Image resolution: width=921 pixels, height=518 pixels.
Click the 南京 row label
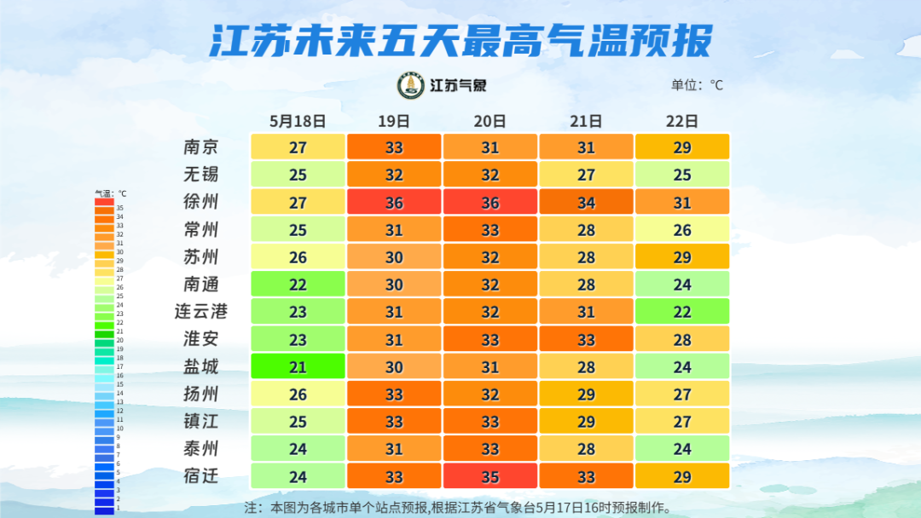(201, 147)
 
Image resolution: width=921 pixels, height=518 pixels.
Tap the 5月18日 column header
(298, 121)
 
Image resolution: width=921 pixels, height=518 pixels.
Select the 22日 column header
(682, 121)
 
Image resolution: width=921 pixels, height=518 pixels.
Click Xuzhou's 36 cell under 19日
(394, 202)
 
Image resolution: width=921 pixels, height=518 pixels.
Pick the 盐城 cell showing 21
(298, 366)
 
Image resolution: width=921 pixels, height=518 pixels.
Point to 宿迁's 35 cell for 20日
(490, 476)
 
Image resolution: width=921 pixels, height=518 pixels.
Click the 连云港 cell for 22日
(682, 312)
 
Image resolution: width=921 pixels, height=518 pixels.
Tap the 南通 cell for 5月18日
(298, 285)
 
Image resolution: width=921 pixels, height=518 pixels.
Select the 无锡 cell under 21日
(586, 175)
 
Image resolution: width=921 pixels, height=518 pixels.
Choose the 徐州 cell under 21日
(586, 202)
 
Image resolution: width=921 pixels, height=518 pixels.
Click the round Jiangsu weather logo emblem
(411, 85)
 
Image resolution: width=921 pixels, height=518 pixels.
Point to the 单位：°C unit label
(697, 85)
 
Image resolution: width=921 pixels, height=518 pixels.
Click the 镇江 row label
(201, 422)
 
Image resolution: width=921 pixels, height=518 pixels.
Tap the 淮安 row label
(201, 339)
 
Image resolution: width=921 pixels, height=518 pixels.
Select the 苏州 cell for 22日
(682, 256)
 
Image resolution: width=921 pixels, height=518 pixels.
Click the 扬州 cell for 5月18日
(298, 394)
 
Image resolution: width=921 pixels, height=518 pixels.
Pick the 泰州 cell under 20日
(490, 449)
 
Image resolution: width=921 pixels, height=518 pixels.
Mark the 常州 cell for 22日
(682, 229)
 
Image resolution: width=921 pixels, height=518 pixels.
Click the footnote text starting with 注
(458, 508)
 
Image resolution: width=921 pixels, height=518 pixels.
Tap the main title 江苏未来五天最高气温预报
(460, 40)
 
